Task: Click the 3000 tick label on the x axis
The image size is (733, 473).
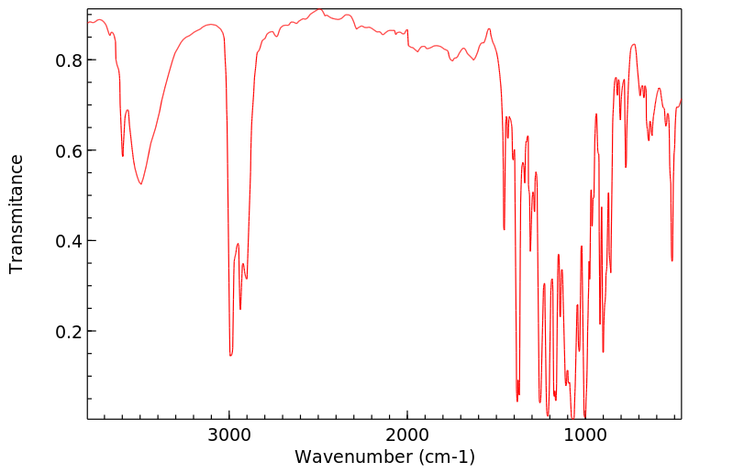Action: [x=229, y=434]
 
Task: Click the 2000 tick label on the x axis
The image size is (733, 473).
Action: [x=407, y=434]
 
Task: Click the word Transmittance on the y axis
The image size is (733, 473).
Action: [x=17, y=214]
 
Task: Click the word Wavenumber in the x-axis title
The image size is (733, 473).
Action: [x=351, y=456]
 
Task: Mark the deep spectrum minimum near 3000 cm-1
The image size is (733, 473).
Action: [x=230, y=356]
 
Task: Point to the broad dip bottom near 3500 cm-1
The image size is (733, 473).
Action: [x=140, y=184]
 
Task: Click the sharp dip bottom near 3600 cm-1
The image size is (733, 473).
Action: [x=122, y=156]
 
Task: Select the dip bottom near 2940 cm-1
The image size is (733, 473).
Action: [x=240, y=309]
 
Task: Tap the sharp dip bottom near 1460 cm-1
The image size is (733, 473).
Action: [x=504, y=229]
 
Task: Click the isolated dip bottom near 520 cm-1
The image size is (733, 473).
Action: [x=672, y=260]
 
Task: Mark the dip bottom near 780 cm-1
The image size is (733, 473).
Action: [x=626, y=168]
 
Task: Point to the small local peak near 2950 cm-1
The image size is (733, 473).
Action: [x=238, y=244]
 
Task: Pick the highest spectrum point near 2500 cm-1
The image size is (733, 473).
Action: [x=319, y=10]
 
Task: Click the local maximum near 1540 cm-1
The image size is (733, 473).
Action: [x=489, y=28]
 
